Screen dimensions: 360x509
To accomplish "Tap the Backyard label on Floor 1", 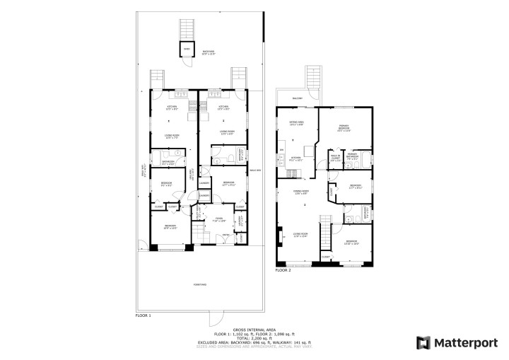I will coord(209,52).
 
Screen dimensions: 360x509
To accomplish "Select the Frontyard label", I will coord(199,284).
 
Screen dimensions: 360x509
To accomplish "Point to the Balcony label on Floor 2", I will coord(298,98).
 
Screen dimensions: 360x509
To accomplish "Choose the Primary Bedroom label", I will coord(344,129).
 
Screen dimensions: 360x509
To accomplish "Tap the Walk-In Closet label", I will coord(335,158).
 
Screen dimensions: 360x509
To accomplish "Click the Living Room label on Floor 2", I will coord(300,235).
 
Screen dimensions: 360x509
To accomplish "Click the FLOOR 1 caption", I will coord(144,315).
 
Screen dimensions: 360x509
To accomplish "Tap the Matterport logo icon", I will coord(423,343).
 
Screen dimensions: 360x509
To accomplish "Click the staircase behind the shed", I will coord(188,30).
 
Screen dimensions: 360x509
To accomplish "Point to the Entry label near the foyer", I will coord(226,234).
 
